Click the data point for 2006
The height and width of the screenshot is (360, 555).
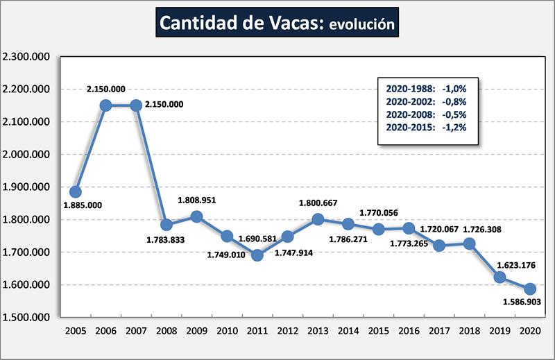coord(105,105)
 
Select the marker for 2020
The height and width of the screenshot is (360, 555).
coord(530,289)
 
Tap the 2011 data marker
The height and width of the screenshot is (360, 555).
coord(257,255)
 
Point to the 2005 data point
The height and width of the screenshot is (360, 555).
coord(75,191)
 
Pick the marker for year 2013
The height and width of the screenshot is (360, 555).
coord(318,219)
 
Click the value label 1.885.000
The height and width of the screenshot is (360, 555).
coord(83,205)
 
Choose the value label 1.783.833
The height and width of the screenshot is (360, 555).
coord(166,240)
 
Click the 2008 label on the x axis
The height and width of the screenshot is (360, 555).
coord(166,330)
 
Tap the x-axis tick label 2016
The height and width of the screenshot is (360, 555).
coord(409,330)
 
